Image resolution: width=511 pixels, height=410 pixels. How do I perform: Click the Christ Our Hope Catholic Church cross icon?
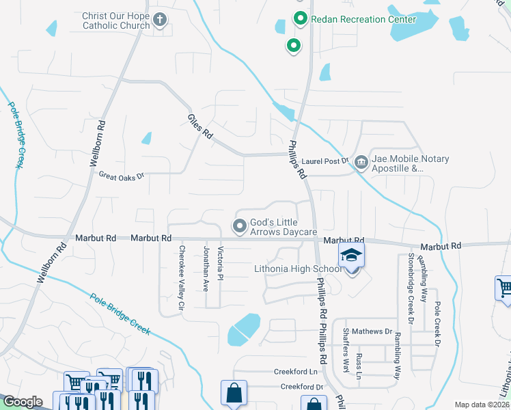coord(160,19)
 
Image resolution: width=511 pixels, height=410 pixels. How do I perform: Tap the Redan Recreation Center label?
coord(363,19)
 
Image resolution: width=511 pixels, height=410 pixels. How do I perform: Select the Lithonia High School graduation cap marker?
coord(352,257)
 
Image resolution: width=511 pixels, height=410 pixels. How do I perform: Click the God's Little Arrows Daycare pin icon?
coord(240,225)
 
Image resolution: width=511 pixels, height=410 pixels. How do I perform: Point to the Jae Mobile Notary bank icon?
coord(361,163)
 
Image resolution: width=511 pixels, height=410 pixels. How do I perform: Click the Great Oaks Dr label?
coord(122,176)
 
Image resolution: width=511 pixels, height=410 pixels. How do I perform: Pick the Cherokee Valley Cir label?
coord(182,279)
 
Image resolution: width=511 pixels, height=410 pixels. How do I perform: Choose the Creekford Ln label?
coord(296,372)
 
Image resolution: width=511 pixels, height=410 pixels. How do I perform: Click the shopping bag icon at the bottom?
coord(233,394)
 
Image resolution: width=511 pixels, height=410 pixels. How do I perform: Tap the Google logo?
coord(23,402)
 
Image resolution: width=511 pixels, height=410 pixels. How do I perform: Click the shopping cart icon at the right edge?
coord(504,288)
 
